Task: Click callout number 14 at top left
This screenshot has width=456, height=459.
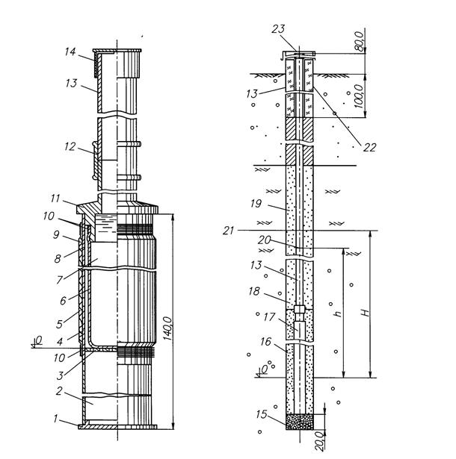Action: (x=70, y=52)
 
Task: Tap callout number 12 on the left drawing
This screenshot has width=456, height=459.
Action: (x=70, y=147)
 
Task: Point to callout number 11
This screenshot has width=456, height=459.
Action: (x=55, y=199)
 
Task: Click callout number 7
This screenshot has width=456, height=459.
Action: (x=60, y=280)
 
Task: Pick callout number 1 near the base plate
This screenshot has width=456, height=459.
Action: (x=56, y=419)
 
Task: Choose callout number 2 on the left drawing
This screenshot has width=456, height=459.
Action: (x=59, y=391)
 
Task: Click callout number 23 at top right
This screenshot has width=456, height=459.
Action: (x=278, y=29)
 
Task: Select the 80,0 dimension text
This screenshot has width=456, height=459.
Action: (x=360, y=41)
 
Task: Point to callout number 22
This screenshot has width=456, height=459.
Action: (x=369, y=147)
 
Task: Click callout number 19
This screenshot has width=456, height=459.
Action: (x=256, y=204)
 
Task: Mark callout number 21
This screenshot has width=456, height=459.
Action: (x=228, y=231)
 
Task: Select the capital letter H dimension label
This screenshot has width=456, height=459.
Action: (x=366, y=313)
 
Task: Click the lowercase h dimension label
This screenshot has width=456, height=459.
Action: (x=338, y=313)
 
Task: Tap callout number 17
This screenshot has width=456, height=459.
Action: (x=270, y=317)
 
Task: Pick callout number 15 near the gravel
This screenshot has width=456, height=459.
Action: (x=262, y=414)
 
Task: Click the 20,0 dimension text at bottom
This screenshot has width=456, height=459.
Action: (x=321, y=440)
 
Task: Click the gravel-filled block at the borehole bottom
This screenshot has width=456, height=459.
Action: (x=300, y=422)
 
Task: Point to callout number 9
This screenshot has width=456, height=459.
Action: (x=56, y=235)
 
